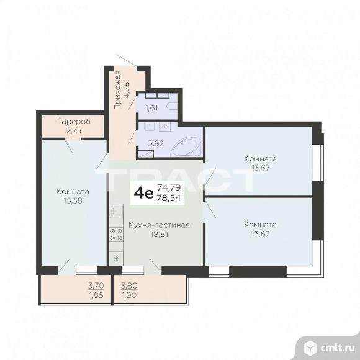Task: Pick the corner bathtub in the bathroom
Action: coord(184,147)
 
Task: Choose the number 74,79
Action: coord(169,187)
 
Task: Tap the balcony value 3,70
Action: coord(96,286)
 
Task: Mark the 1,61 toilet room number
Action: coord(152,108)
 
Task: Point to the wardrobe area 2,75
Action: coord(73,130)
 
